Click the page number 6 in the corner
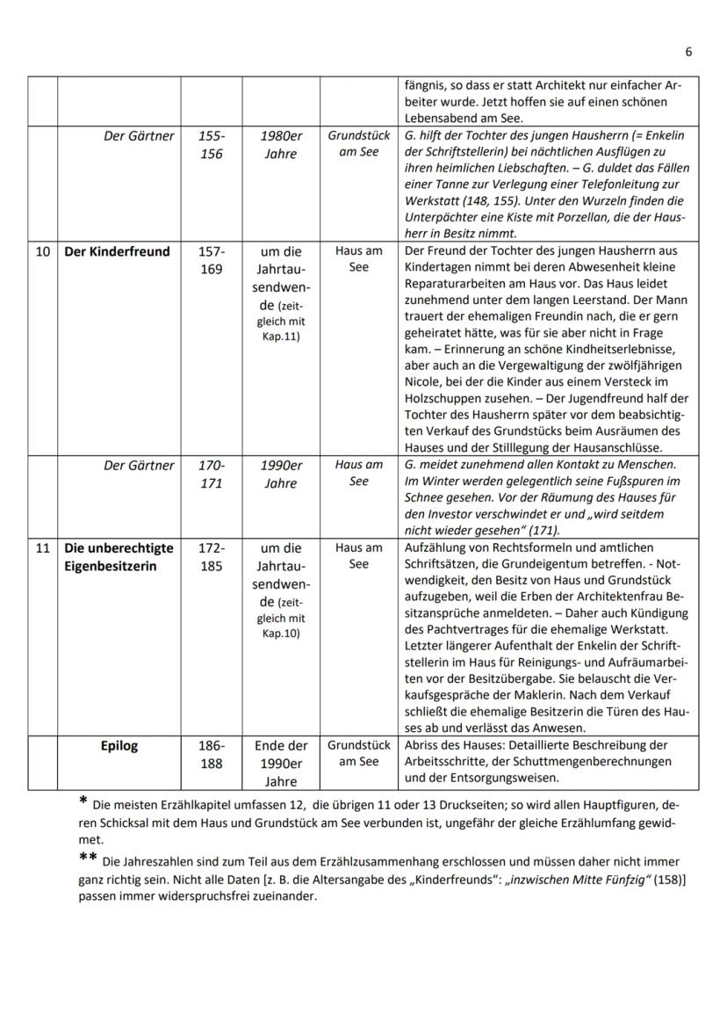(688, 52)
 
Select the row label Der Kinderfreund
(117, 252)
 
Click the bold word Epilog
(119, 746)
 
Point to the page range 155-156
(211, 145)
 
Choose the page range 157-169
(211, 261)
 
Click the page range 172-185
(211, 557)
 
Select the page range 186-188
(211, 755)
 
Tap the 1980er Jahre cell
(281, 145)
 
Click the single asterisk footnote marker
(83, 801)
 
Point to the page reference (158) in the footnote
(655, 881)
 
